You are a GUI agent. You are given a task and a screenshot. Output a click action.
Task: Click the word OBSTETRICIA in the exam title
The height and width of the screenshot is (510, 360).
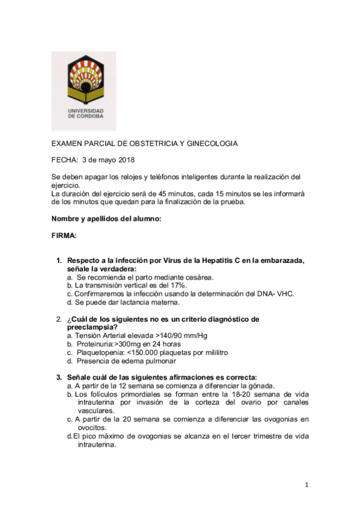[151, 143]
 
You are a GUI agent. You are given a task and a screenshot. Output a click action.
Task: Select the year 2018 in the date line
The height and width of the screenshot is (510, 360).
[126, 159]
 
